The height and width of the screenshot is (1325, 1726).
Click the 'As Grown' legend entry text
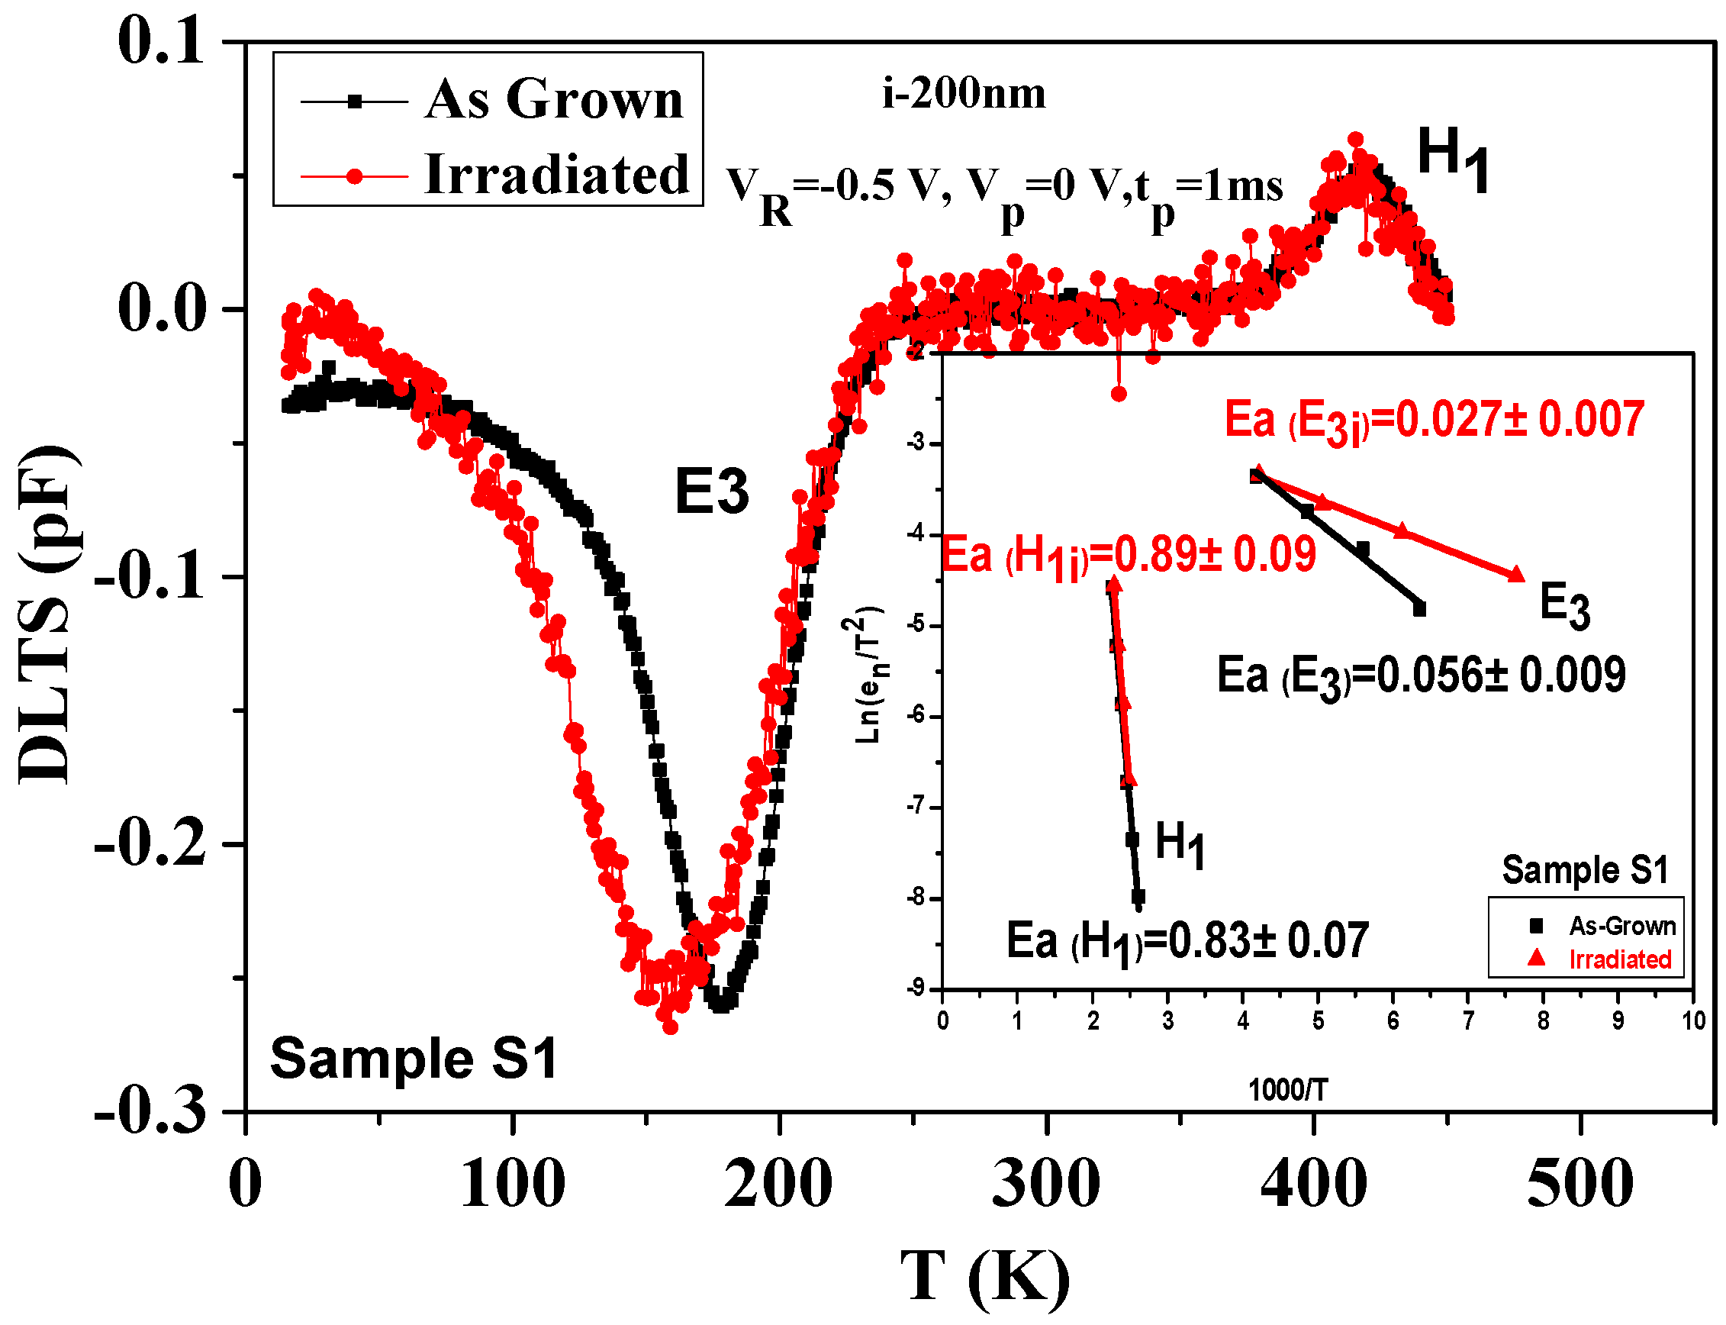(x=553, y=99)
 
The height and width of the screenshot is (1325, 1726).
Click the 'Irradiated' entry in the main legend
(x=557, y=174)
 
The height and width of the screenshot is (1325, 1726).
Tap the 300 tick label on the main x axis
(x=1045, y=1184)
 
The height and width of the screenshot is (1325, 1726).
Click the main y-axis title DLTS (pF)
(x=49, y=614)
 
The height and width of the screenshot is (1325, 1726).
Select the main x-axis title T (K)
(x=986, y=1276)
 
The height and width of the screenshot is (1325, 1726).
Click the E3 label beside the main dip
(x=711, y=492)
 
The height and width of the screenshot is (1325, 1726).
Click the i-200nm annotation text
(x=964, y=94)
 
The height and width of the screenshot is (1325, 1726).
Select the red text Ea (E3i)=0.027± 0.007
(x=1434, y=421)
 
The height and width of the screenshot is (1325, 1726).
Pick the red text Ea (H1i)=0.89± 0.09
(x=1129, y=555)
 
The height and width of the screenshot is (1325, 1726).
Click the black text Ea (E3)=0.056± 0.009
(x=1421, y=676)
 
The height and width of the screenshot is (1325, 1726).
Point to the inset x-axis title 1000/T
(x=1287, y=1090)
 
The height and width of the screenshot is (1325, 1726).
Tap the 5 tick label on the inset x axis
(x=1318, y=1021)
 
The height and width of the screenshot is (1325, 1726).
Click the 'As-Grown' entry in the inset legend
(x=1621, y=926)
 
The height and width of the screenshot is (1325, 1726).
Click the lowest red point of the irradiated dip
(x=670, y=1027)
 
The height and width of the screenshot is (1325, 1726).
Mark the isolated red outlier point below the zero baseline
(x=1119, y=394)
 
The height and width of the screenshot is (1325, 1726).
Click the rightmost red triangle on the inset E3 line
(x=1516, y=575)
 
